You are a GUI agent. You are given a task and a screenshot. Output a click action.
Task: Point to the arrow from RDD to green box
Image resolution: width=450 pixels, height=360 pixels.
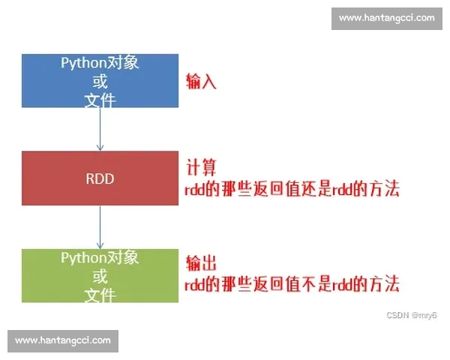pyautogui.click(x=100, y=227)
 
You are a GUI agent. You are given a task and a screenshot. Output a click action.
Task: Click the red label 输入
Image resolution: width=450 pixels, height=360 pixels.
pyautogui.click(x=201, y=82)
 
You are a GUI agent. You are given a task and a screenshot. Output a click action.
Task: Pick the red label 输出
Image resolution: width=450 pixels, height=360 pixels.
pyautogui.click(x=201, y=264)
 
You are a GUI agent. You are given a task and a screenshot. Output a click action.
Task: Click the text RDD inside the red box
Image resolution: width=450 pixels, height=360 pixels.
pyautogui.click(x=100, y=179)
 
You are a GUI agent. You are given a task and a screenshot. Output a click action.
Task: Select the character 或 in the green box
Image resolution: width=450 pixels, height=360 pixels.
pyautogui.click(x=100, y=276)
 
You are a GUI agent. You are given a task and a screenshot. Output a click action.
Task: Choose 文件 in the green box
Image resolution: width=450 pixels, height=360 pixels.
pyautogui.click(x=100, y=293)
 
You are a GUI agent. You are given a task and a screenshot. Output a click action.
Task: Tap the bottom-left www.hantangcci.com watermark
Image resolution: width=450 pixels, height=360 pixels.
pyautogui.click(x=63, y=340)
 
